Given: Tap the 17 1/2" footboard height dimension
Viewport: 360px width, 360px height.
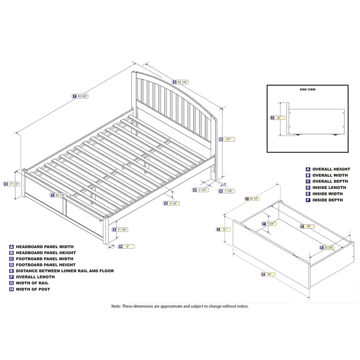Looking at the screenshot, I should click(x=13, y=184).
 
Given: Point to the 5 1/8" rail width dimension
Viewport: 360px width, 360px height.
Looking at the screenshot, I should click(x=172, y=203).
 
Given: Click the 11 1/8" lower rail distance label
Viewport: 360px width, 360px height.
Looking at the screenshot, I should click(x=122, y=229).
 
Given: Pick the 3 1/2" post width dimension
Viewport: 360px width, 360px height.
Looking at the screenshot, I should click(x=202, y=189).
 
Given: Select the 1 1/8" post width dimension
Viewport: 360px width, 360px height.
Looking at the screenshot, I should click(x=229, y=191).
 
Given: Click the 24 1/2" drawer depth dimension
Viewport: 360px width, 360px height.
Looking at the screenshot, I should click(x=253, y=198).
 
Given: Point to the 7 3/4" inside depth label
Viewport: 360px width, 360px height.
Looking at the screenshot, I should click(x=270, y=224).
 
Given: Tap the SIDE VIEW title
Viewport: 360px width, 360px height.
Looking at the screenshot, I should click(x=308, y=90).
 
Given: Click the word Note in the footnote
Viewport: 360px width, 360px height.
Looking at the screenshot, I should click(x=116, y=306).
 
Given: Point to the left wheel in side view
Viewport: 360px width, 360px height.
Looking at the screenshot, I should click(x=297, y=134).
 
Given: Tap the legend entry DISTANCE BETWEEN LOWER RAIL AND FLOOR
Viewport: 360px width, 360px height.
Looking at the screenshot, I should click(x=65, y=271).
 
